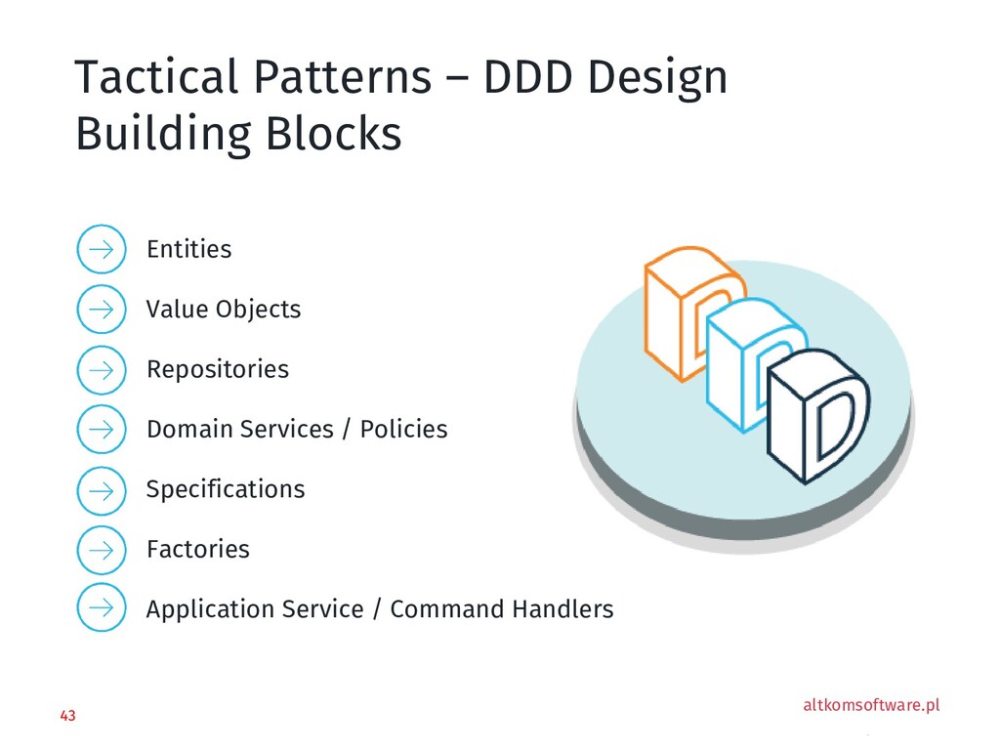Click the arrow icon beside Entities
(x=101, y=250)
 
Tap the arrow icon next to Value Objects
(x=101, y=310)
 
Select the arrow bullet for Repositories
(x=101, y=369)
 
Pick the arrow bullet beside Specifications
(x=101, y=489)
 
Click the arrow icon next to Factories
(x=101, y=549)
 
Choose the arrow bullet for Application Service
(x=101, y=608)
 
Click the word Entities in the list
(x=188, y=250)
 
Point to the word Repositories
(x=217, y=370)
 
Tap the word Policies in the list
(x=403, y=430)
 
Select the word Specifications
(x=225, y=489)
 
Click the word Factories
(x=197, y=550)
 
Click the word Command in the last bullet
(x=445, y=609)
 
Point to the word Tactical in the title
(x=154, y=78)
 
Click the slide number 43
(x=67, y=717)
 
